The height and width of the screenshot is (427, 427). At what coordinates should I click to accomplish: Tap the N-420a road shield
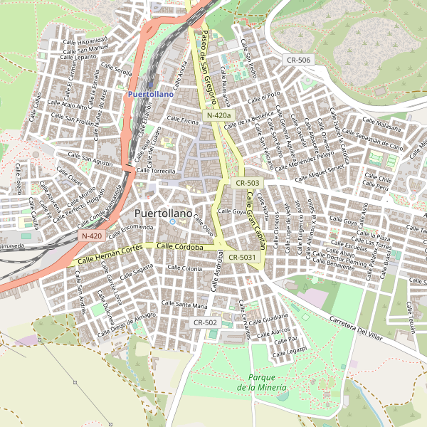219,115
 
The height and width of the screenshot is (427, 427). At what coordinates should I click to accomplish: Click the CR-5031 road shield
243,257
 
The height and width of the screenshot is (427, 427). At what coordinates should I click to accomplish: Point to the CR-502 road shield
205,322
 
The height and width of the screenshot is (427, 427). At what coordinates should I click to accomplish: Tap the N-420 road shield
92,236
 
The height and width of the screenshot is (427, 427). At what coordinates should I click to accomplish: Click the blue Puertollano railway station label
149,93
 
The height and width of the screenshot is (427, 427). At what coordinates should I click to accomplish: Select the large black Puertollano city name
163,213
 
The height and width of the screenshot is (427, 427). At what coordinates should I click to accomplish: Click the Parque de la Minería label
263,382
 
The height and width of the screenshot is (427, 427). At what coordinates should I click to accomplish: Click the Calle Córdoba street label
180,247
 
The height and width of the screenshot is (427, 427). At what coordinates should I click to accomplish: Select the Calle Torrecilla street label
156,171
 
